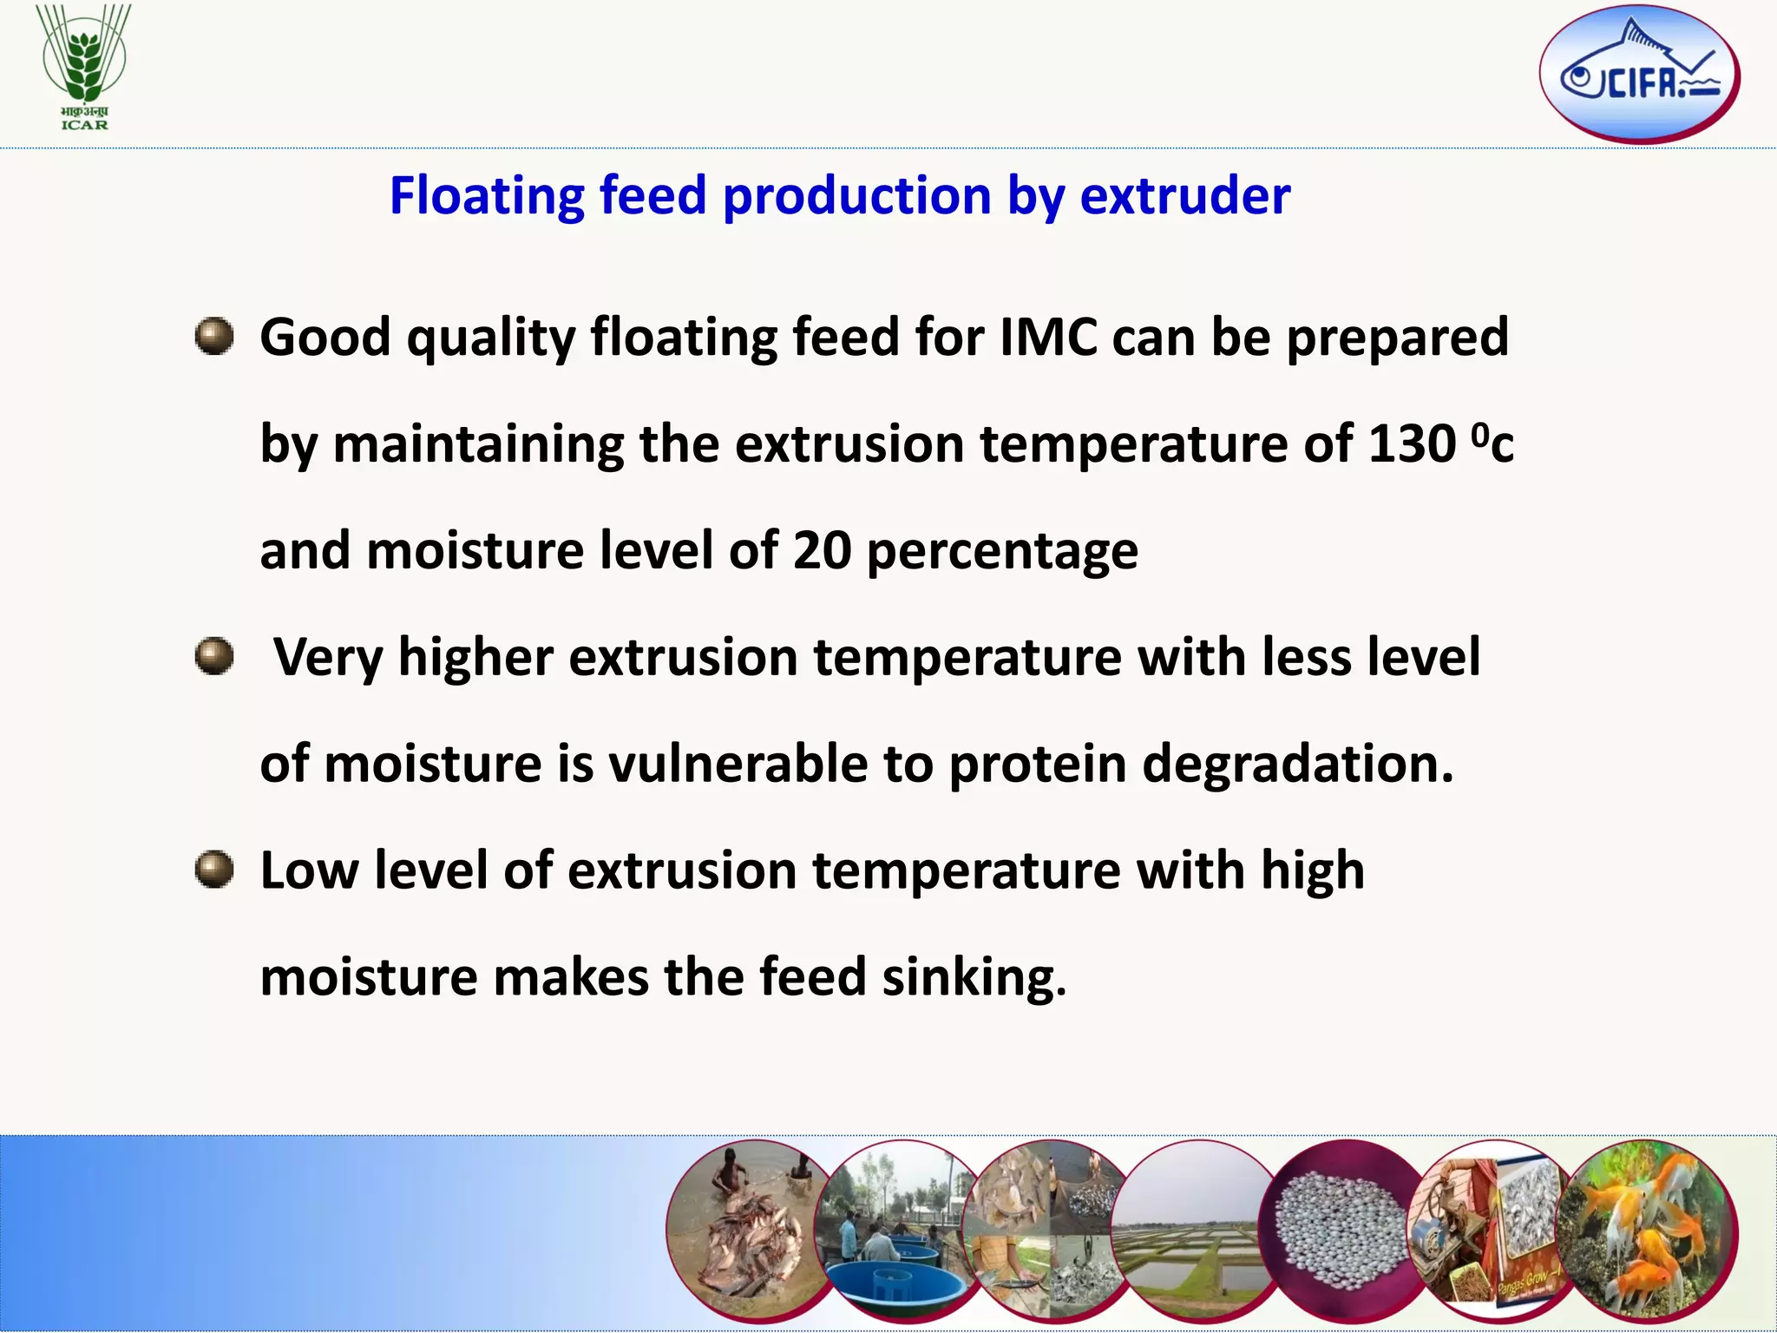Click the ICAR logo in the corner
[x=84, y=68]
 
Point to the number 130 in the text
[x=1412, y=444]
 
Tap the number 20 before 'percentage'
[x=822, y=551]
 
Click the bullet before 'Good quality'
[x=214, y=337]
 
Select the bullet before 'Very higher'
[x=214, y=657]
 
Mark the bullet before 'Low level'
[x=214, y=870]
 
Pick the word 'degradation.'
[x=1297, y=765]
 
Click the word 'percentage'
[x=1001, y=551]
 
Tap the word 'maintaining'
[x=477, y=444]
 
